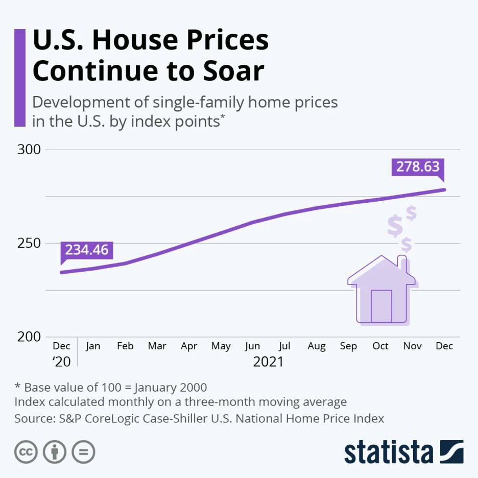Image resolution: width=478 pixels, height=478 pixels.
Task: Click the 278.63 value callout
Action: (x=418, y=167)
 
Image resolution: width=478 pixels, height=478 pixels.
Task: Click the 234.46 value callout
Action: (x=87, y=250)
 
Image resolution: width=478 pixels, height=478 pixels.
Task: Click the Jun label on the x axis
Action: (x=252, y=346)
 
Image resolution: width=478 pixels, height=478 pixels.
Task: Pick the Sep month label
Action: (x=348, y=346)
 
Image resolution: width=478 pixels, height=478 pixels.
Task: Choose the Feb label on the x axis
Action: (x=125, y=346)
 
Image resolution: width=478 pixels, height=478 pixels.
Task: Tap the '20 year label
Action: (x=61, y=362)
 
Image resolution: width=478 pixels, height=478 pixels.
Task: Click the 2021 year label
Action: (x=268, y=362)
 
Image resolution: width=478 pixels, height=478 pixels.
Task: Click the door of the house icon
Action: (x=381, y=306)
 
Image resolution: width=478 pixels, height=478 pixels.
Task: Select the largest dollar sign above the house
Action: (x=395, y=226)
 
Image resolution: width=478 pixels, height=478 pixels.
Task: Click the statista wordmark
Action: (x=388, y=452)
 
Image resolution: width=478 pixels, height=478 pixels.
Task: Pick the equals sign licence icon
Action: (x=83, y=452)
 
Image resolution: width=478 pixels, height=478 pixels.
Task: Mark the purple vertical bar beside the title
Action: (x=19, y=77)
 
